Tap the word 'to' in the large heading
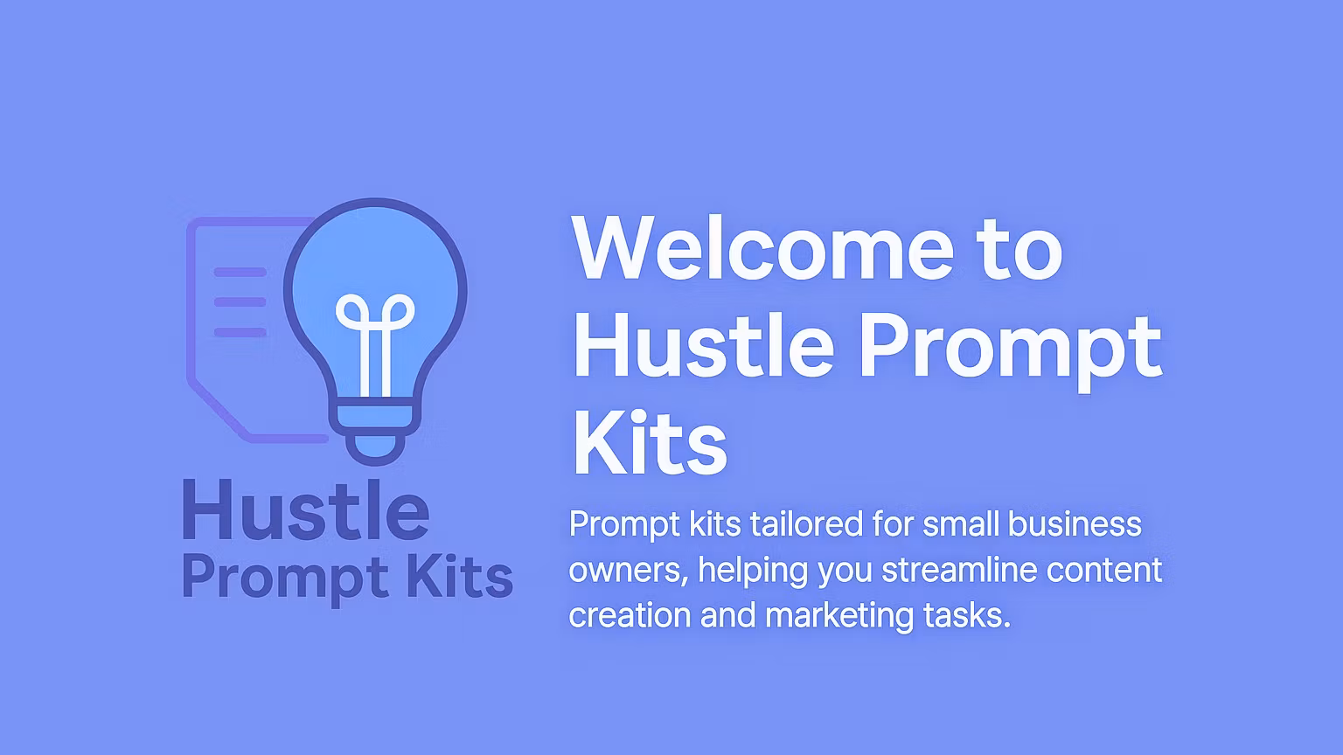click(x=1018, y=248)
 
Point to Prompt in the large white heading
click(x=1009, y=348)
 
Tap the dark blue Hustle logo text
click(x=305, y=510)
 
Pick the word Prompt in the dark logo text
click(x=285, y=579)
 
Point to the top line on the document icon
click(x=240, y=272)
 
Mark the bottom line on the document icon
click(x=240, y=332)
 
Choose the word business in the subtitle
click(x=1075, y=524)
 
